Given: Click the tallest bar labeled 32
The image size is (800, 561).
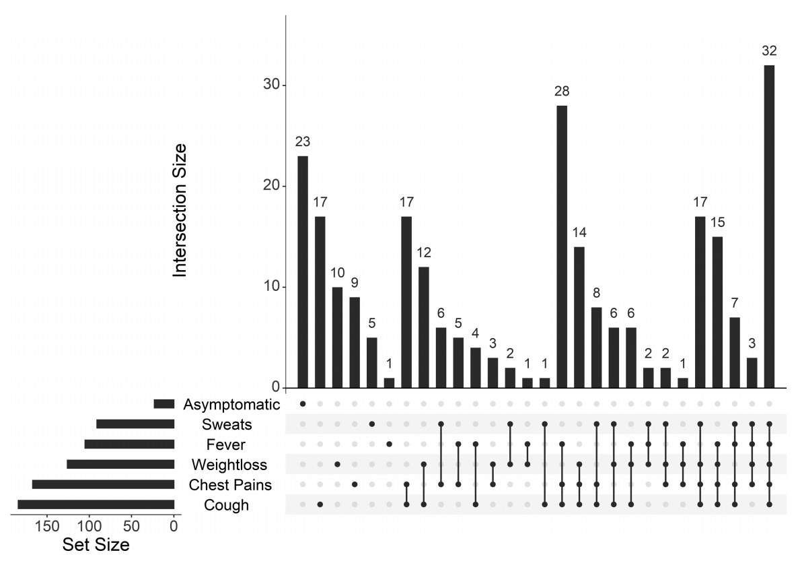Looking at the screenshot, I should tap(769, 226).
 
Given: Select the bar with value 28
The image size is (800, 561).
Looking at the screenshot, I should tap(562, 246).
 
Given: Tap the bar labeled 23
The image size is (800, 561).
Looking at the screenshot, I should tap(303, 272).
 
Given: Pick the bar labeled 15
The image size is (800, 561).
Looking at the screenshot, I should tap(717, 312).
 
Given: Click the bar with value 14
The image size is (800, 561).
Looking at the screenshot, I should tap(579, 317).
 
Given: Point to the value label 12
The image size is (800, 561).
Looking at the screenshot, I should tap(423, 253).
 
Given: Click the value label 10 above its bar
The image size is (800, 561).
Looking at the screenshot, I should tap(337, 273).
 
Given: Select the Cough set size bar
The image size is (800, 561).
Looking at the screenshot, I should tap(96, 504).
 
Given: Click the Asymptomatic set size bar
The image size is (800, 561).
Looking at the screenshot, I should tap(163, 404).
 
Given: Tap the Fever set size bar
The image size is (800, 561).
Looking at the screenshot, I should tap(129, 444).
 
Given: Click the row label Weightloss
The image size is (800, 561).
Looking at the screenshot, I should tap(220, 465).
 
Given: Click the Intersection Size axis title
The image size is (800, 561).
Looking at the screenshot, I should tap(180, 210).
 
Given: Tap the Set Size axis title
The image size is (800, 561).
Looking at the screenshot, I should tap(96, 544).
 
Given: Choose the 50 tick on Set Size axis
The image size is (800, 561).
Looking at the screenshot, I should tap(132, 527).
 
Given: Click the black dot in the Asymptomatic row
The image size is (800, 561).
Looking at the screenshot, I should tap(303, 404).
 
